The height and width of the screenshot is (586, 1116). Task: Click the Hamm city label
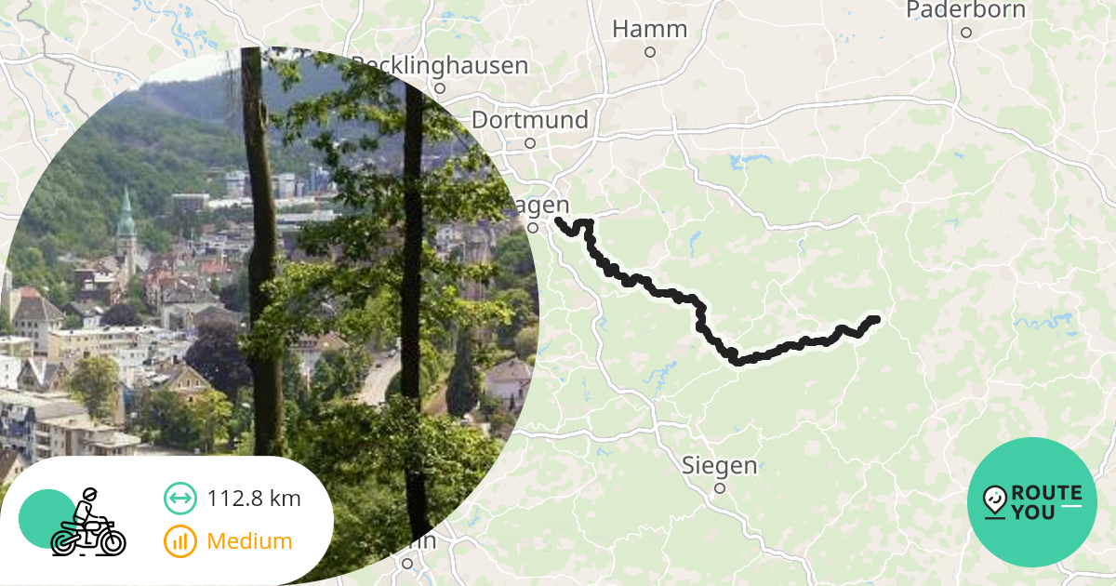click(649, 29)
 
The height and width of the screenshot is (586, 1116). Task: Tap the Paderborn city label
click(965, 10)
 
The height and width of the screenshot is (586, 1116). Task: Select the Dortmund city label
click(530, 120)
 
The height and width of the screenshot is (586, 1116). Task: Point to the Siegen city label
click(719, 464)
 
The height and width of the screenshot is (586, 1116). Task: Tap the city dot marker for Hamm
click(650, 52)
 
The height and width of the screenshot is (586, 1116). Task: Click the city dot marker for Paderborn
click(966, 33)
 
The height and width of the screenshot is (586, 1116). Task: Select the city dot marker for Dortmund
click(530, 143)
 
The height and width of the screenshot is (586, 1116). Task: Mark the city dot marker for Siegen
click(719, 487)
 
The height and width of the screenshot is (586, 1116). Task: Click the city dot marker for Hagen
click(533, 227)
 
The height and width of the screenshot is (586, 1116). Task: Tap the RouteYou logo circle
click(1032, 502)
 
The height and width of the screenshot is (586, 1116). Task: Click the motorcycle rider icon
click(87, 523)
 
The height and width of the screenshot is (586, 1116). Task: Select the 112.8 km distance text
click(254, 499)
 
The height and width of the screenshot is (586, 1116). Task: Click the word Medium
click(249, 541)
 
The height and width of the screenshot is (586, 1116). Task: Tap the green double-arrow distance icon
click(179, 499)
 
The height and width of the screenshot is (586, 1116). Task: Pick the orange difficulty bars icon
click(179, 541)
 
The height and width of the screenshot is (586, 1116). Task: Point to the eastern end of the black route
click(874, 320)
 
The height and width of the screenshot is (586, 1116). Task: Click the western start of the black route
click(558, 220)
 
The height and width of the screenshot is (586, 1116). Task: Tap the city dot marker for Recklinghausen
click(440, 88)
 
